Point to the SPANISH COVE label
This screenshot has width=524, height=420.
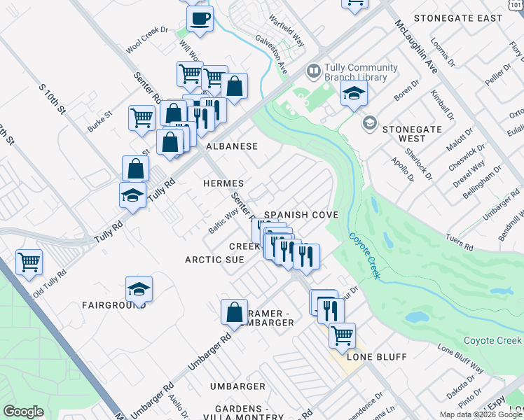(x=301, y=215)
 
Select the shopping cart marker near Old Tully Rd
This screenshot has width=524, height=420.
(x=29, y=262)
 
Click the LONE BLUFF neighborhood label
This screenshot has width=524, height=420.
(x=377, y=357)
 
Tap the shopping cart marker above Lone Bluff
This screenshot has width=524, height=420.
(x=342, y=335)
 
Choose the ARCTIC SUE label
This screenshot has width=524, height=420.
(x=214, y=260)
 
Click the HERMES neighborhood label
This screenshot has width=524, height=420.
(x=223, y=183)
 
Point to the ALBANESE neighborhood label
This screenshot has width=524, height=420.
(x=232, y=146)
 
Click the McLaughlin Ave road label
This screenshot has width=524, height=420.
(x=417, y=47)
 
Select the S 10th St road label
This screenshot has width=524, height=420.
(x=52, y=101)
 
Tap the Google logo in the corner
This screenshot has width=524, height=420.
(x=23, y=411)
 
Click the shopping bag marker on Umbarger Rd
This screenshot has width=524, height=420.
(x=234, y=312)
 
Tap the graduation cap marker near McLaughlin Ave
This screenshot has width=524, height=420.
(x=354, y=93)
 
